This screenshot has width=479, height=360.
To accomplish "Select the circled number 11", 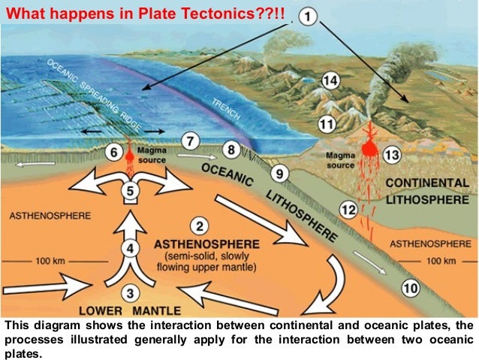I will click(326, 123).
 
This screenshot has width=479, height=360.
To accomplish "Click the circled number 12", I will click(347, 210).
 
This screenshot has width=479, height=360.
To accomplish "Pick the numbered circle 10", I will click(409, 287).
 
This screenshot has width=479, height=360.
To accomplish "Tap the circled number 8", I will click(233, 150).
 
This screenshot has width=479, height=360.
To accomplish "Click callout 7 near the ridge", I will click(191, 140).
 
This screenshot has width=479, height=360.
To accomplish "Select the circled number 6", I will click(115, 153).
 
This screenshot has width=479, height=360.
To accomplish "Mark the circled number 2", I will click(199, 225).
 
